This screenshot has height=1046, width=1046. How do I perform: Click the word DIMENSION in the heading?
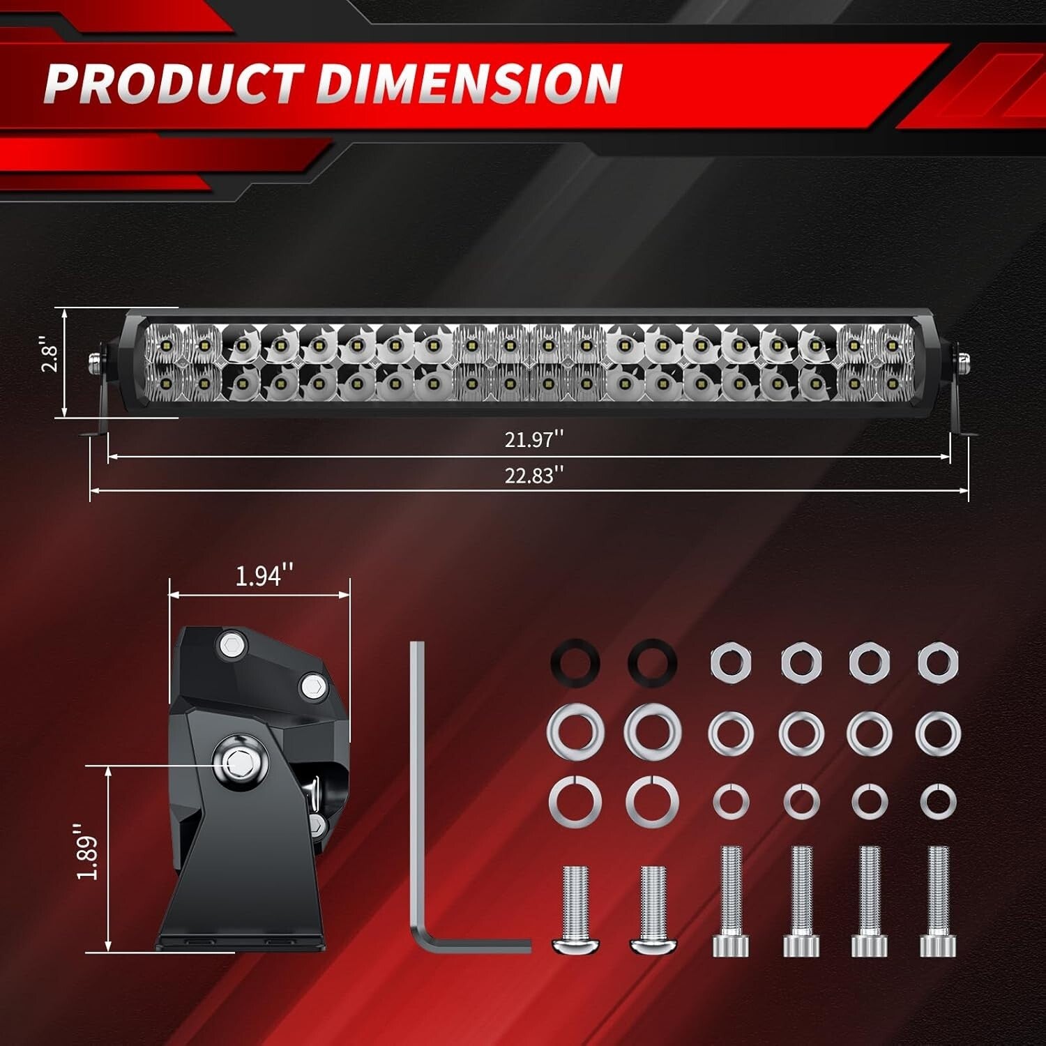[469, 83]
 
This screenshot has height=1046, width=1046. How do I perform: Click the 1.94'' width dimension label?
[264, 576]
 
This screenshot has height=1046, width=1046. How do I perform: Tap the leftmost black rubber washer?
[575, 660]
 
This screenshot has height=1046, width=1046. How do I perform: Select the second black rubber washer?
[652, 660]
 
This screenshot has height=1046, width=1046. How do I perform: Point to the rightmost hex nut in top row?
[938, 660]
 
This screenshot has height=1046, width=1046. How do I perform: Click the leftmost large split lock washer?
[575, 799]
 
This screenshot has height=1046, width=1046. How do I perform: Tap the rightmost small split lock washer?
[938, 800]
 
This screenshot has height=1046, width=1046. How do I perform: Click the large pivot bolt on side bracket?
[241, 761]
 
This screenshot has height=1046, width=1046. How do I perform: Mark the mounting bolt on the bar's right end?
[963, 361]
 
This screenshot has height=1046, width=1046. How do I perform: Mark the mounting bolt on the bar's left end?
[93, 361]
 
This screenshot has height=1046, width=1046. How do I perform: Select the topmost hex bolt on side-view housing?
[231, 645]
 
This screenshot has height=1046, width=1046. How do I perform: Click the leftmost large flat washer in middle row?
[575, 733]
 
